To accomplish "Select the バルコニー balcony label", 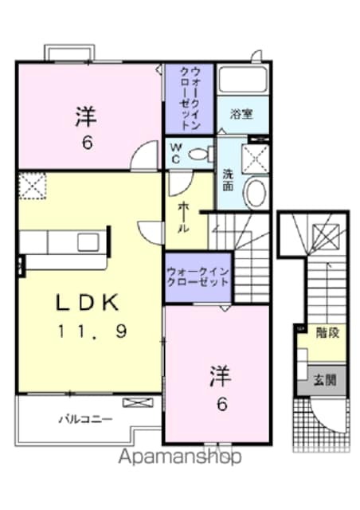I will coord(84,418).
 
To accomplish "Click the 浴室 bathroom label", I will coord(242,114).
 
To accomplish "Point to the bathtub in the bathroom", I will coord(242,81).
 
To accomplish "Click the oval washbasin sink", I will coord(255,192).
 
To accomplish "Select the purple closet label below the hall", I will coord(198,280).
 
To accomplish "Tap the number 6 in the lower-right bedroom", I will coord(221,403).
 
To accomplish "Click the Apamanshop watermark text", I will coord(179,457).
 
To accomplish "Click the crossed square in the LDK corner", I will coord(32,186).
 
